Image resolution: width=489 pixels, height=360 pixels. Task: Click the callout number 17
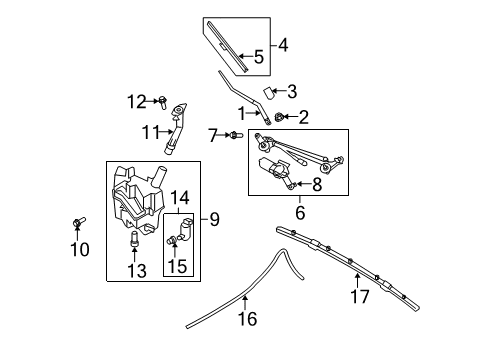360,296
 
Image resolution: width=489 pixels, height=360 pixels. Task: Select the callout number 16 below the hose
248,319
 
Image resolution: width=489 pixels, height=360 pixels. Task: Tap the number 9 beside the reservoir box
215,219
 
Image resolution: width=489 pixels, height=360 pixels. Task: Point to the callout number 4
283,45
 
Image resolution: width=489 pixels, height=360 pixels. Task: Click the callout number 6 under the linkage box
300,212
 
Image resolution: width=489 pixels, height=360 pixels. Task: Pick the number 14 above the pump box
180,197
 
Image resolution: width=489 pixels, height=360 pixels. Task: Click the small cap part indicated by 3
268,93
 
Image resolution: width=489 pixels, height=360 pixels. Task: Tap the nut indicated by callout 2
279,117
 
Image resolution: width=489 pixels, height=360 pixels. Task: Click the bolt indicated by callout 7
237,135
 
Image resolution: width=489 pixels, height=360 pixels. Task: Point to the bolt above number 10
79,222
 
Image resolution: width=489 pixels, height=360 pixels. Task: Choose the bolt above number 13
134,240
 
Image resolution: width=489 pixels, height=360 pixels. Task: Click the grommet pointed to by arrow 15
172,239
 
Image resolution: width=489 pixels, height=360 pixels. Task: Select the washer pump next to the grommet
185,228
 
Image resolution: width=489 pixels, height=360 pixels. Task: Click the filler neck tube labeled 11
175,129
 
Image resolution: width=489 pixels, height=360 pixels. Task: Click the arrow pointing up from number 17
357,280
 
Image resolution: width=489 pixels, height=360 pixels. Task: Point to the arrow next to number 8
304,183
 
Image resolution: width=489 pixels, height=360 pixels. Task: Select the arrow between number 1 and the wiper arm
253,114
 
